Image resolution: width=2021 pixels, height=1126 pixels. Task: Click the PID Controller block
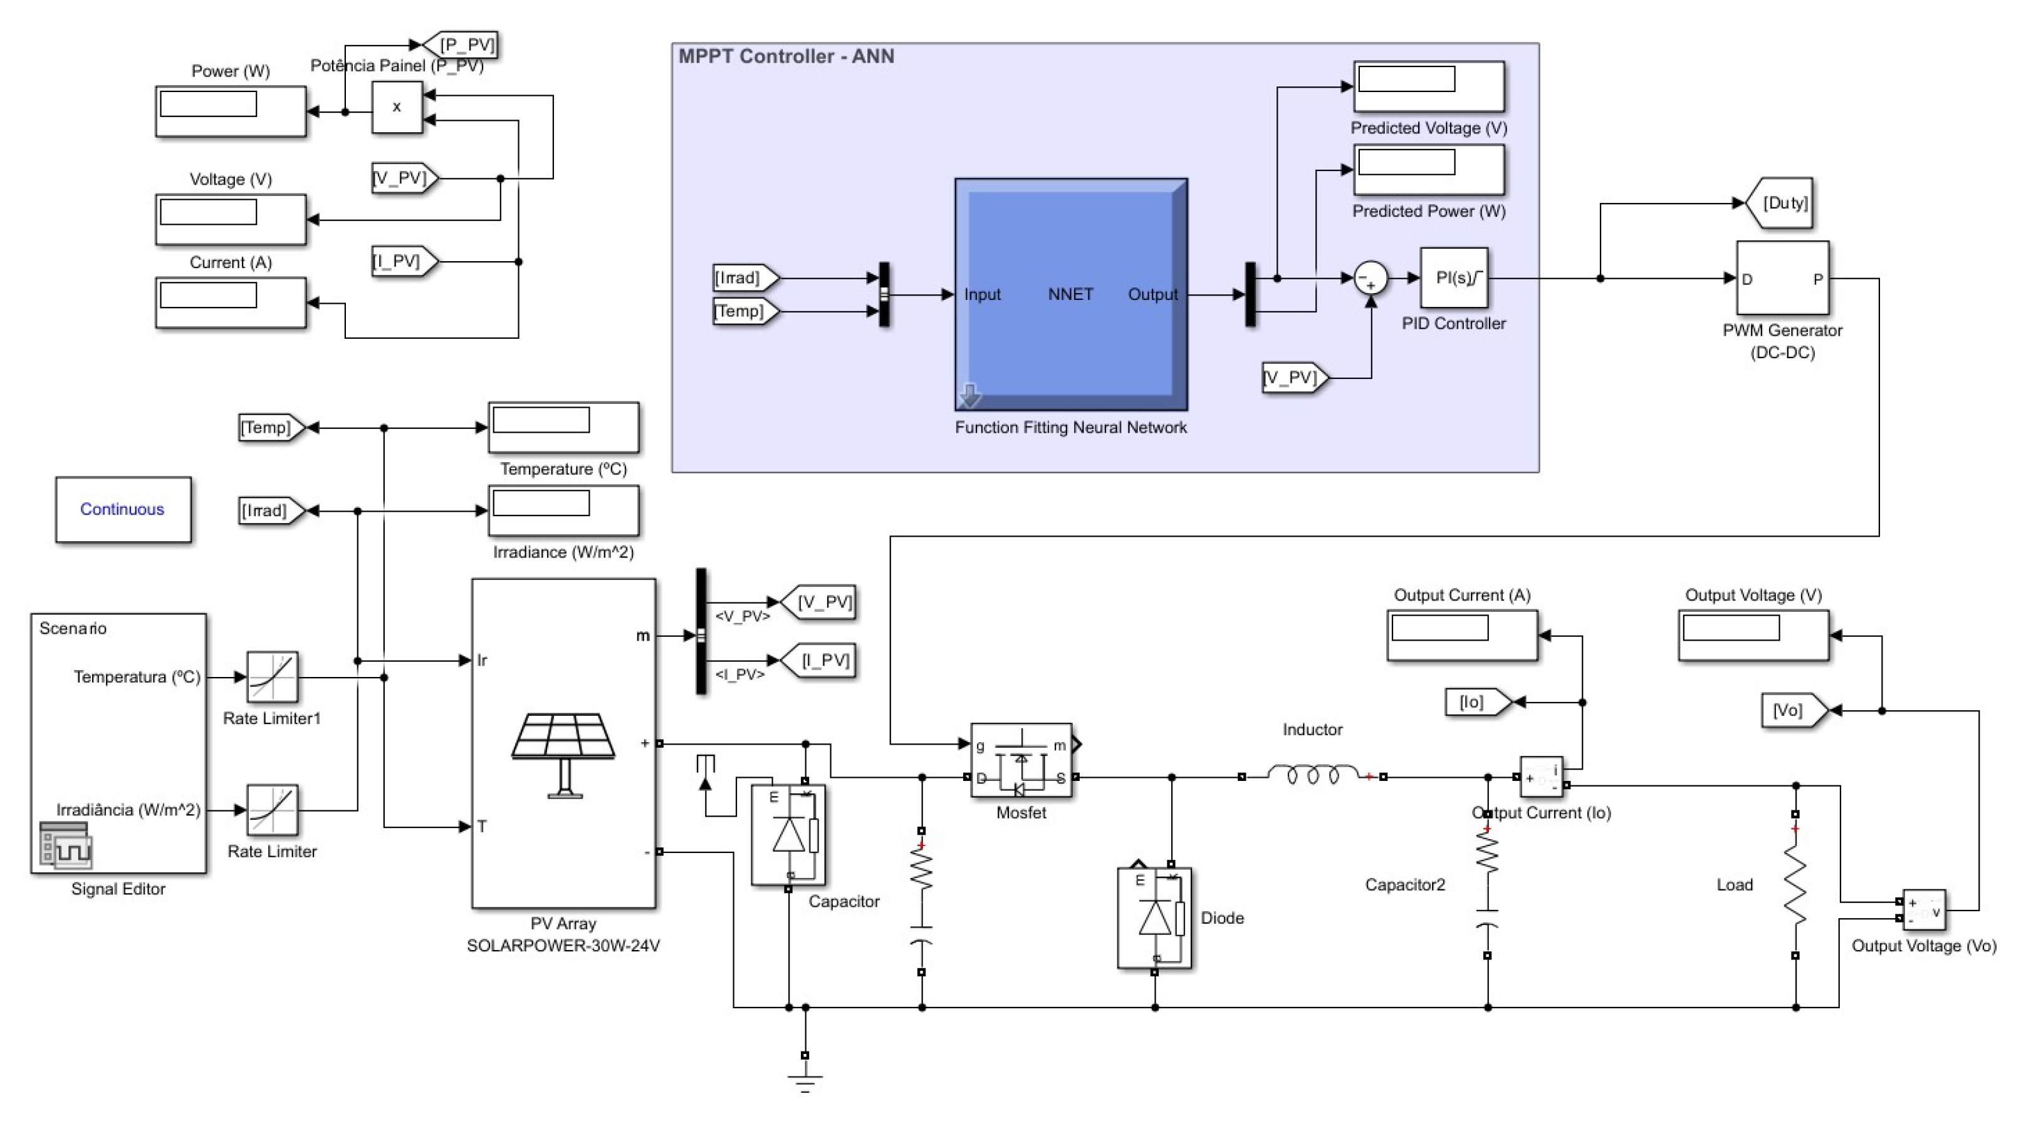pos(1454,278)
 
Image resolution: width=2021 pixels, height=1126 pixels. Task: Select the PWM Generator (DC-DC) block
pos(1782,278)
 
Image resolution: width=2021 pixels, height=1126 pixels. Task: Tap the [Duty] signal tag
pos(1782,203)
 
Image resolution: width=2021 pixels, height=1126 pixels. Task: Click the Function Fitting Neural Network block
pos(1071,295)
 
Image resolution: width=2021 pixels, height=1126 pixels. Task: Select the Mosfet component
pos(1021,761)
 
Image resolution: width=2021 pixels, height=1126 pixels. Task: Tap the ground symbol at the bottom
pos(805,1082)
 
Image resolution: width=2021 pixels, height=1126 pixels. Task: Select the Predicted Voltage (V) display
pos(1428,86)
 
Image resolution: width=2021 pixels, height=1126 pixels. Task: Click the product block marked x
pos(397,108)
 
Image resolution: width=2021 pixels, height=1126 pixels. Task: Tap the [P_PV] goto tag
pos(463,44)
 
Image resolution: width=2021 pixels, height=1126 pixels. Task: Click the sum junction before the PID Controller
pos(1371,278)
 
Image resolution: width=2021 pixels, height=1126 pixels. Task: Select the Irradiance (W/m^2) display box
pos(563,510)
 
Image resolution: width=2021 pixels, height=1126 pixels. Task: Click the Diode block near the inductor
pos(1154,917)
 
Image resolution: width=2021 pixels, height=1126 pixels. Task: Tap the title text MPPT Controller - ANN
pos(786,56)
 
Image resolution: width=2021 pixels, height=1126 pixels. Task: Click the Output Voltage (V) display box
pos(1753,635)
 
